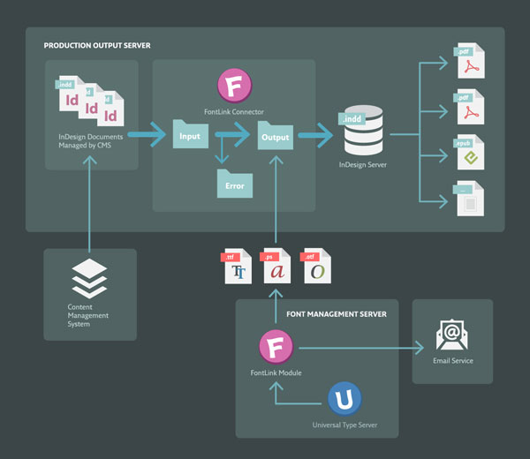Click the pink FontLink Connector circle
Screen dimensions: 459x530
click(234, 87)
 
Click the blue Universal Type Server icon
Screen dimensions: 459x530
click(344, 399)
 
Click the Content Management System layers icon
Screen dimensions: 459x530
click(89, 279)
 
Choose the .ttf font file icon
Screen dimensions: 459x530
click(238, 267)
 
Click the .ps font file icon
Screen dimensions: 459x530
click(276, 267)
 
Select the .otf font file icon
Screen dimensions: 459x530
click(316, 267)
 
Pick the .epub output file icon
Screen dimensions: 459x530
click(469, 153)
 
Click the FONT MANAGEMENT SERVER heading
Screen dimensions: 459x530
click(336, 313)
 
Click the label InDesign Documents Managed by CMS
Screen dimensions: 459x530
click(92, 140)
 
